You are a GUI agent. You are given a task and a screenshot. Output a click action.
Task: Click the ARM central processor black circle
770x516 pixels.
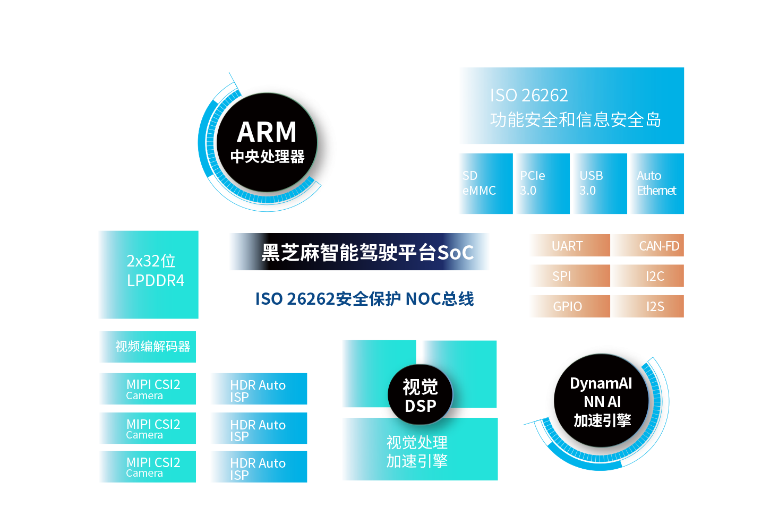coord(267,142)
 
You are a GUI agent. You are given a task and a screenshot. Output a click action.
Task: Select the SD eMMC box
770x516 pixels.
coord(486,184)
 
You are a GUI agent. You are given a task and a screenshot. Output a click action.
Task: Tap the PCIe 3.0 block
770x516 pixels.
coord(543,184)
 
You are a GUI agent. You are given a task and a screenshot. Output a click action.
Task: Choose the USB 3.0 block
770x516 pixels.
coord(600,184)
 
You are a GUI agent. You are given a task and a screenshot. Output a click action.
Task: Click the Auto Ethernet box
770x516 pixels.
coord(657,184)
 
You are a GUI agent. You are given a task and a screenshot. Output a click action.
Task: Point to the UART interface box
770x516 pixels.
coord(570,245)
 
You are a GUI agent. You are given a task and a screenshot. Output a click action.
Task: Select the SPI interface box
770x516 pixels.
coord(570,276)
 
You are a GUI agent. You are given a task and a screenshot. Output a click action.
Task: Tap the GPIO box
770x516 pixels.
coord(570,306)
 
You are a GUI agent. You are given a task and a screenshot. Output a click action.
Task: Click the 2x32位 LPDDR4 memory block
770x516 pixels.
coord(149,274)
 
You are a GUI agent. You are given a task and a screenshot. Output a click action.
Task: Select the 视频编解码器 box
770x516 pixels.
coord(148,347)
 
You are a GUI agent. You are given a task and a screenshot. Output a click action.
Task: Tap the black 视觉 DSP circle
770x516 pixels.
coord(420,395)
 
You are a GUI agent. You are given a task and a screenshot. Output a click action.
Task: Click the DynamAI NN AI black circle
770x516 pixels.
coord(601,401)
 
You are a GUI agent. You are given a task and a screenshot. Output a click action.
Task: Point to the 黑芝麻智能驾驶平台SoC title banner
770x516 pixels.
coord(359,252)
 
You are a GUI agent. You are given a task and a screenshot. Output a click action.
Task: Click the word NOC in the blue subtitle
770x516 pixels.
coord(423,298)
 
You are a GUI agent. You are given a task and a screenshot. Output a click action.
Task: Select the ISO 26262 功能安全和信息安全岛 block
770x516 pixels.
coord(572,106)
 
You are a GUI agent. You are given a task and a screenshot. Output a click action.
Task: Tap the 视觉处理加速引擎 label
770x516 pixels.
coord(417,451)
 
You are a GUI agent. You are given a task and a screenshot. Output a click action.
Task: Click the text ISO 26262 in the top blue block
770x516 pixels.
coord(529,95)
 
